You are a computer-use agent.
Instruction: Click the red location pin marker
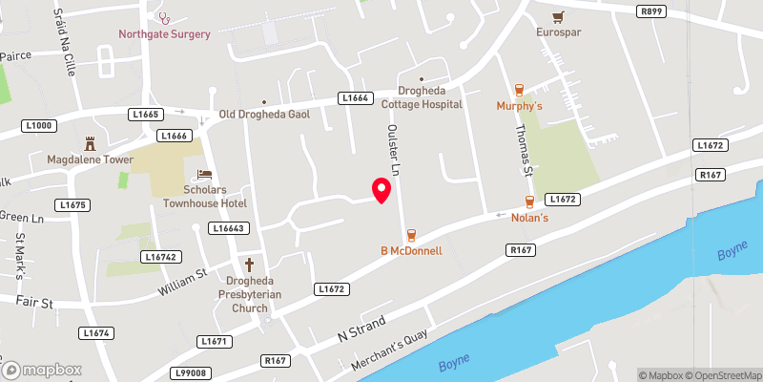tap(381, 190)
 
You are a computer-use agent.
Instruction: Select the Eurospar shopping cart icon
tap(559, 16)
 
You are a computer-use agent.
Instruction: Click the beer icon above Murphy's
tap(519, 90)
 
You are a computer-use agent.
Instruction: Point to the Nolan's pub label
tap(529, 218)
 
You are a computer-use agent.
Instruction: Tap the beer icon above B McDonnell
tap(412, 235)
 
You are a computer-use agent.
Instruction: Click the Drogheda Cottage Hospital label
tap(422, 97)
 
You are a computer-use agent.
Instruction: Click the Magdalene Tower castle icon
tap(92, 143)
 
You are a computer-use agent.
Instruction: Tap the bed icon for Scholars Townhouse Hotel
tap(203, 175)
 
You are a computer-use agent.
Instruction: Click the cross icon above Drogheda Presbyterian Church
tap(251, 265)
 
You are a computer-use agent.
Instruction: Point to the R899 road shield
tap(651, 10)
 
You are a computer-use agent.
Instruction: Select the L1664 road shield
tap(355, 98)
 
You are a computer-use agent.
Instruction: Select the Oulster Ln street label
tap(390, 148)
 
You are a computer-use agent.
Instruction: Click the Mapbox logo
tap(41, 370)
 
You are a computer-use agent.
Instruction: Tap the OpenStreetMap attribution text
tap(722, 375)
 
